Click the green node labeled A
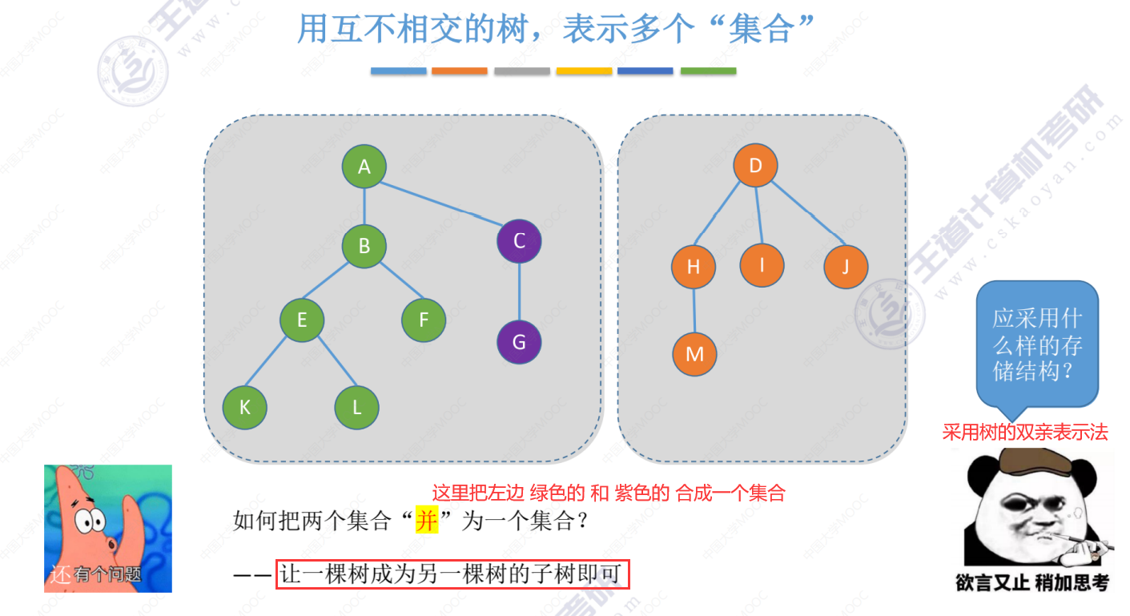click(x=364, y=167)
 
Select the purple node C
click(x=519, y=240)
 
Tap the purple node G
click(x=519, y=343)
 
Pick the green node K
click(x=244, y=407)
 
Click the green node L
click(x=356, y=407)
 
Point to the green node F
click(x=424, y=320)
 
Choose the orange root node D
click(x=755, y=167)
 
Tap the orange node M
click(x=694, y=353)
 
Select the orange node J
click(x=846, y=267)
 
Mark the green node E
click(x=302, y=320)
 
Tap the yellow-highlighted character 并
click(x=427, y=521)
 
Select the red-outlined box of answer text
click(x=453, y=574)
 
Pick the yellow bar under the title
click(x=584, y=71)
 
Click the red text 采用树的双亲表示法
click(x=1025, y=433)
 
